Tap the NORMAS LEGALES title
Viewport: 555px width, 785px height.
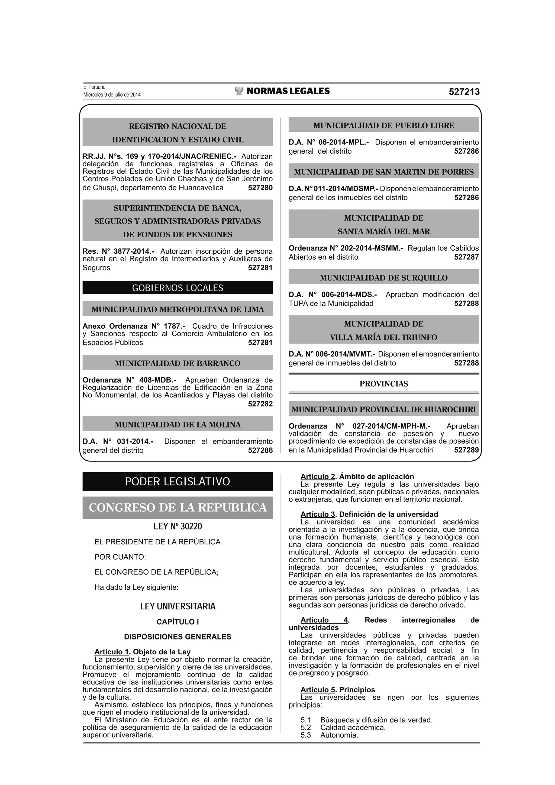288,91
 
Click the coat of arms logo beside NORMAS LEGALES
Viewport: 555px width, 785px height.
239,91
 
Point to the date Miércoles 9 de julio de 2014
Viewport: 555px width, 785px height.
112,95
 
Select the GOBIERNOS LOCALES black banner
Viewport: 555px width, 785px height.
178,288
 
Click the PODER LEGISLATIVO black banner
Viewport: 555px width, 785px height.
178,482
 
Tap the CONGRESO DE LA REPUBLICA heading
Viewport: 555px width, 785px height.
178,507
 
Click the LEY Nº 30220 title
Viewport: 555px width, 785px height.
178,526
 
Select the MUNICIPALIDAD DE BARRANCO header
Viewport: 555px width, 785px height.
178,363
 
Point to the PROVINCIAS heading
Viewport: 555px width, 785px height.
384,384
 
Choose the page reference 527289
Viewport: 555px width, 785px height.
466,450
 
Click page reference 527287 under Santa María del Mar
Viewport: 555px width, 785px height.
466,257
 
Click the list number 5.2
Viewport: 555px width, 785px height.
306,728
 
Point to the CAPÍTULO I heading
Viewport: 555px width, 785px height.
178,622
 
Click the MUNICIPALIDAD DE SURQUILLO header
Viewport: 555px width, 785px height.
384,278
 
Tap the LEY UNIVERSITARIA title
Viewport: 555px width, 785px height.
178,606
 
